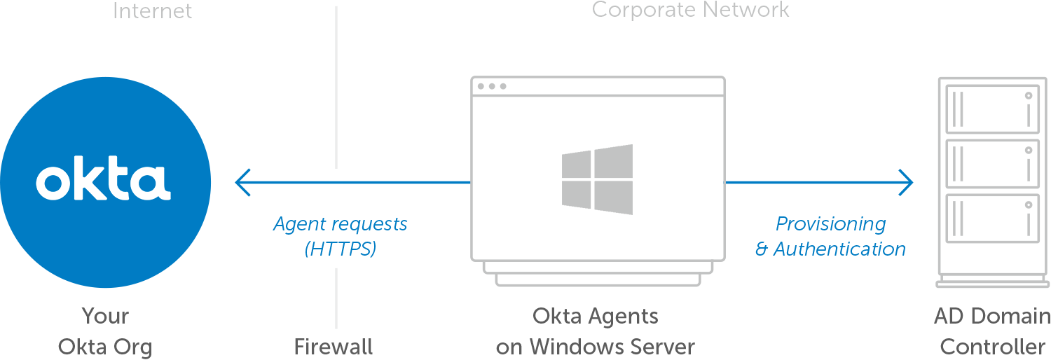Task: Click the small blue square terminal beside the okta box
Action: click(x=242, y=182)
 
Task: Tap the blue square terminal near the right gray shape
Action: click(x=906, y=182)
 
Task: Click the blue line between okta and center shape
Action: click(x=406, y=182)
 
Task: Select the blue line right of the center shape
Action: click(x=813, y=182)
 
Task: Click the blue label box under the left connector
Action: click(x=340, y=237)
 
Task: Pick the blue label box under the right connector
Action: click(x=830, y=236)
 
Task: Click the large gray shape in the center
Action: click(x=598, y=175)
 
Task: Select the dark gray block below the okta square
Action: click(x=104, y=333)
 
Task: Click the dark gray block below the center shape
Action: click(x=595, y=331)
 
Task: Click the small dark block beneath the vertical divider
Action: click(x=334, y=346)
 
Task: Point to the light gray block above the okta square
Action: click(x=153, y=10)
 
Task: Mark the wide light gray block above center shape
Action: click(x=691, y=11)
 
